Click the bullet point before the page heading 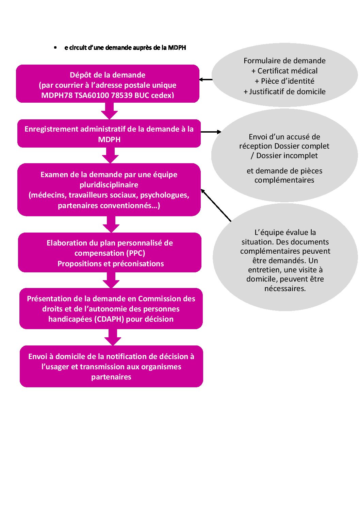(55, 48)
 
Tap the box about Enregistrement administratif (109, 134)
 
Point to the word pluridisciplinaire (109, 185)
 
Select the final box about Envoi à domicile (111, 367)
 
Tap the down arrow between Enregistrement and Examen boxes (110, 156)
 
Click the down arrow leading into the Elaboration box (111, 225)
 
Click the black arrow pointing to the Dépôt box (206, 80)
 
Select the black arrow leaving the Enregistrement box (211, 132)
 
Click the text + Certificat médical (284, 71)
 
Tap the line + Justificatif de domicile (284, 92)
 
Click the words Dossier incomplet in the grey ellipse (287, 156)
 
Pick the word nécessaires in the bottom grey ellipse (285, 289)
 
